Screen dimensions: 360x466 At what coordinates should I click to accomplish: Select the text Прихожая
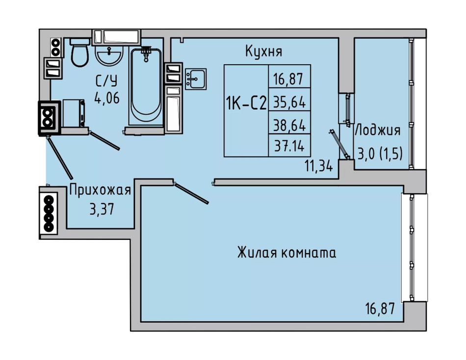pyautogui.click(x=101, y=190)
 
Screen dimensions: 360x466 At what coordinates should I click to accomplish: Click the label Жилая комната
pyautogui.click(x=286, y=253)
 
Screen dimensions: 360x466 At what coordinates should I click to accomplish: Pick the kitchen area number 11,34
pyautogui.click(x=318, y=166)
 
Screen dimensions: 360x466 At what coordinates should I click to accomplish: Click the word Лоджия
pyautogui.click(x=377, y=130)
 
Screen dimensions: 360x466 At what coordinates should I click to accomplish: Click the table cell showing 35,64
pyautogui.click(x=289, y=102)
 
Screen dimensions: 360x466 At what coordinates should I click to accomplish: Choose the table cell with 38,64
pyautogui.click(x=289, y=125)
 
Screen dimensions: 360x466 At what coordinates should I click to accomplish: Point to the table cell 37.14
pyautogui.click(x=289, y=146)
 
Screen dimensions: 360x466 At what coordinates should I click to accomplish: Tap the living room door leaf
pyautogui.click(x=191, y=193)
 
